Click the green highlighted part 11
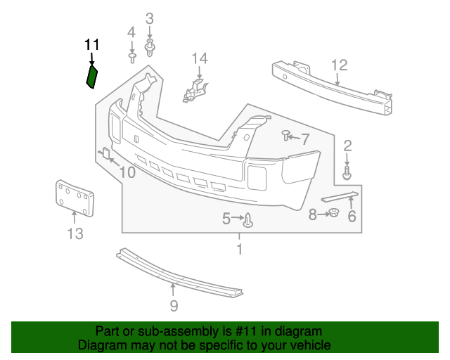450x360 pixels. [91, 76]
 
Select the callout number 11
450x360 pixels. [91, 45]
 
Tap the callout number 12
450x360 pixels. [340, 65]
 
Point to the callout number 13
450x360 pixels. [75, 234]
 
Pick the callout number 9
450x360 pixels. [174, 305]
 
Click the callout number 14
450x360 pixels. [200, 58]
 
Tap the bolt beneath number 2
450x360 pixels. [347, 170]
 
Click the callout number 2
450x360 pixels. [347, 146]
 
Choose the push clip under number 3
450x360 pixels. [150, 48]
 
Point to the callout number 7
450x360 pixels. [305, 139]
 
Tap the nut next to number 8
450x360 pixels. [334, 213]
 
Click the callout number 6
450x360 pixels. [352, 217]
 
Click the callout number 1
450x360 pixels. [239, 248]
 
